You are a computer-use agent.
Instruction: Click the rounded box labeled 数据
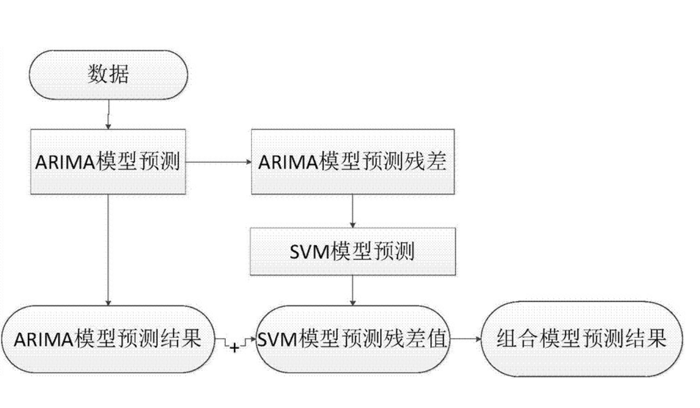click(109, 75)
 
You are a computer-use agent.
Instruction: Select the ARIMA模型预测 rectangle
click(108, 162)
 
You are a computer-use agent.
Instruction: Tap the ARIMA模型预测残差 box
click(353, 162)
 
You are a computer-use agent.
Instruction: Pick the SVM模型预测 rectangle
click(353, 251)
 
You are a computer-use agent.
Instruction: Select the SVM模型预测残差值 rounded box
click(353, 339)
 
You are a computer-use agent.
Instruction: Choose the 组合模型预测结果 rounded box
click(582, 339)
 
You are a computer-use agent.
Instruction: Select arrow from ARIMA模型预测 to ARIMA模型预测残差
click(219, 163)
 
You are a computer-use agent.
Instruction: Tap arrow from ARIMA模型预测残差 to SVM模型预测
click(353, 211)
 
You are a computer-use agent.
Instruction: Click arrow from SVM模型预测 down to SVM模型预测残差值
click(353, 290)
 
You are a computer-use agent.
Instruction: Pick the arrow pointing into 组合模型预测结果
click(465, 339)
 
